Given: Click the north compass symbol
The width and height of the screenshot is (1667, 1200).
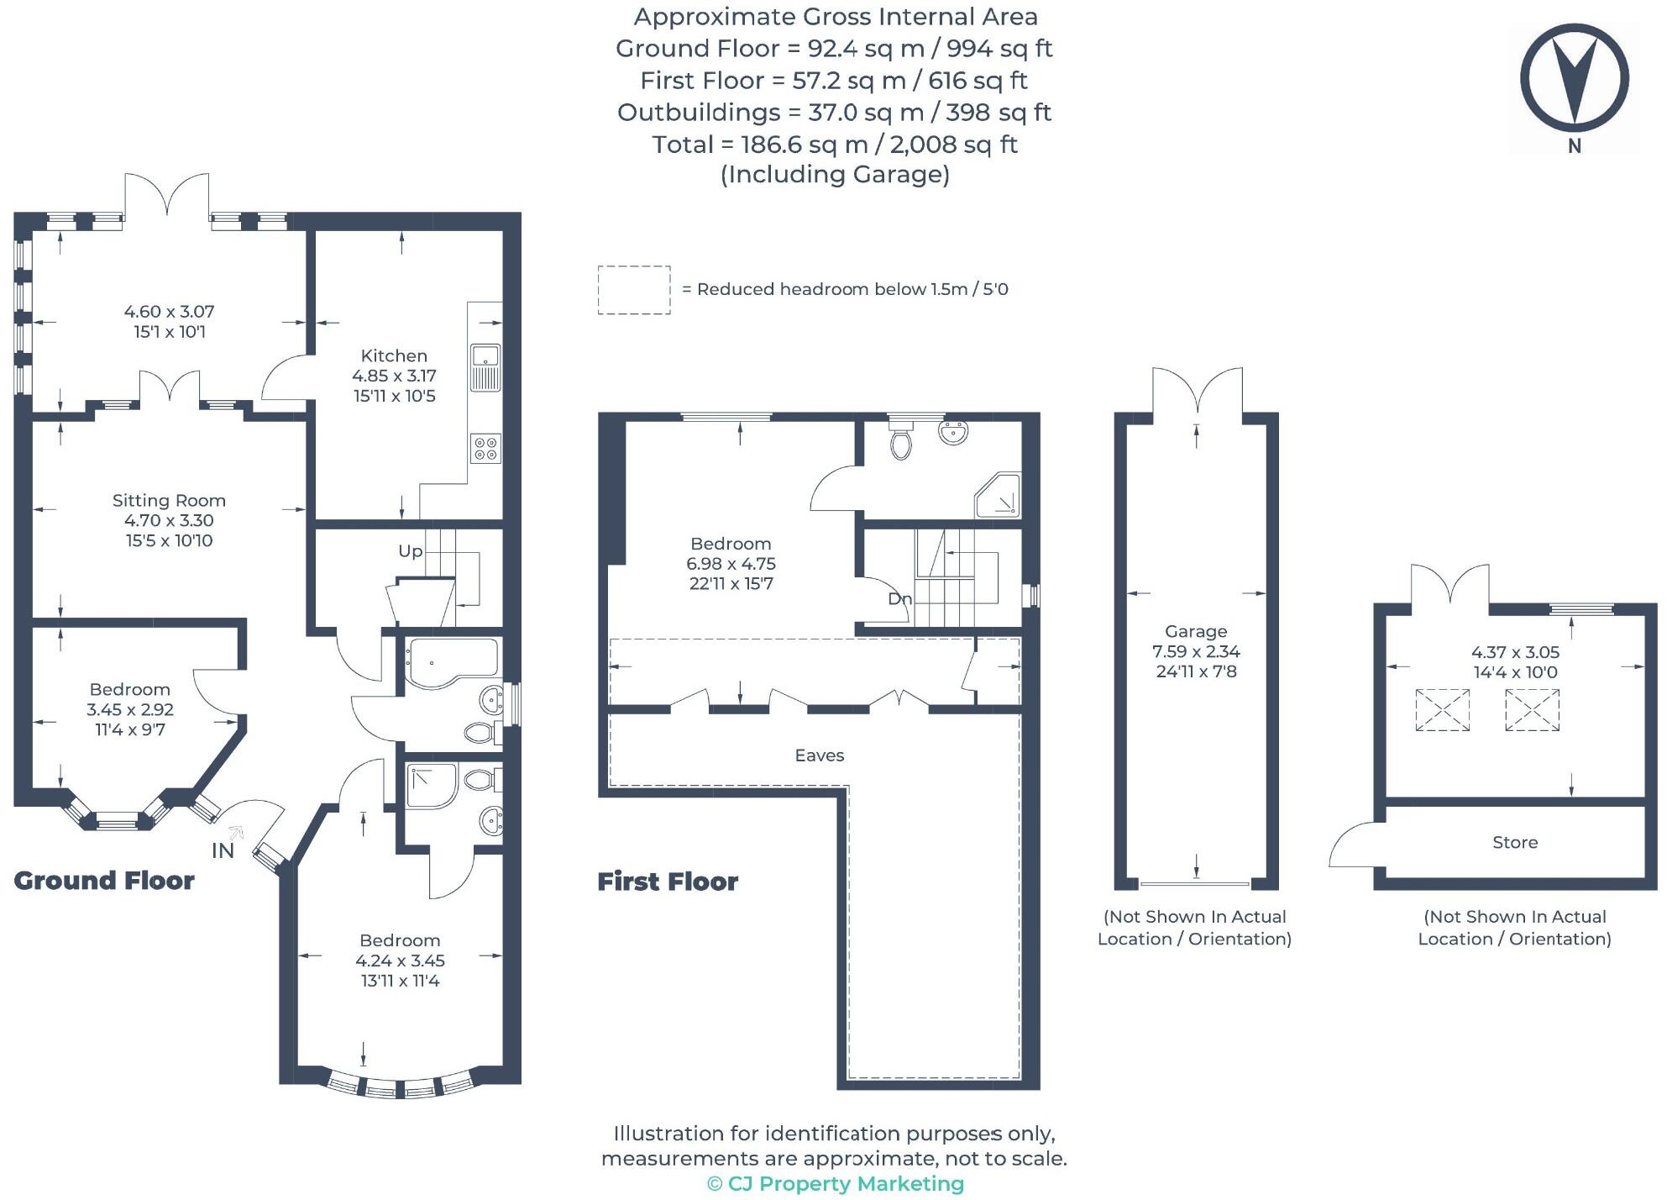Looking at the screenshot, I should [x=1574, y=80].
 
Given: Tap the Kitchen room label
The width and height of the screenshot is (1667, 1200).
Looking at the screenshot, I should [x=394, y=355].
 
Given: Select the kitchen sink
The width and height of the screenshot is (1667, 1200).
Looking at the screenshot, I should [x=485, y=367].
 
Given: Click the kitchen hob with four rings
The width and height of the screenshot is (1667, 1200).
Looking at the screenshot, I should [x=485, y=448].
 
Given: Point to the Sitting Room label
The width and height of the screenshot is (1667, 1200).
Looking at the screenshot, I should [x=169, y=501].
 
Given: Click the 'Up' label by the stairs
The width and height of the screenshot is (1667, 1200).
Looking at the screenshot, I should [x=410, y=551].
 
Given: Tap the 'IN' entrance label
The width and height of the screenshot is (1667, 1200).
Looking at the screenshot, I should [x=223, y=850].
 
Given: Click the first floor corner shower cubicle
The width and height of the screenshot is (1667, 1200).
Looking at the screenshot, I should [x=998, y=496].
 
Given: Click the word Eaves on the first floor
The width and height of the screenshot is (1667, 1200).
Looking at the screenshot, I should [x=819, y=755].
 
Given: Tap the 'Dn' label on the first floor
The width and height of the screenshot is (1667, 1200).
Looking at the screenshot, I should [x=899, y=599].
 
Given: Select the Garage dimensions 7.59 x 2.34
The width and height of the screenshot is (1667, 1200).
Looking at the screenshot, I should [x=1196, y=651].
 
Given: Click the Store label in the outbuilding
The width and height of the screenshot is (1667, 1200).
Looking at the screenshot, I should [x=1515, y=842].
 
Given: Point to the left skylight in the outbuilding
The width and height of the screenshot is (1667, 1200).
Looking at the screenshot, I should [x=1442, y=710].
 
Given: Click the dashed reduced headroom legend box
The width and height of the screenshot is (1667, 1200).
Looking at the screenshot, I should [x=634, y=290].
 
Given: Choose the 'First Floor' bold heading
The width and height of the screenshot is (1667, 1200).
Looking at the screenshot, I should [x=668, y=882].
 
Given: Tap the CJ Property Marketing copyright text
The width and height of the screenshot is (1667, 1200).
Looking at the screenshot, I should [x=836, y=1183].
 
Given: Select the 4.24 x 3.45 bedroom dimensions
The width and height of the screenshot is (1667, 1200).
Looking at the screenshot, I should [x=400, y=961].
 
